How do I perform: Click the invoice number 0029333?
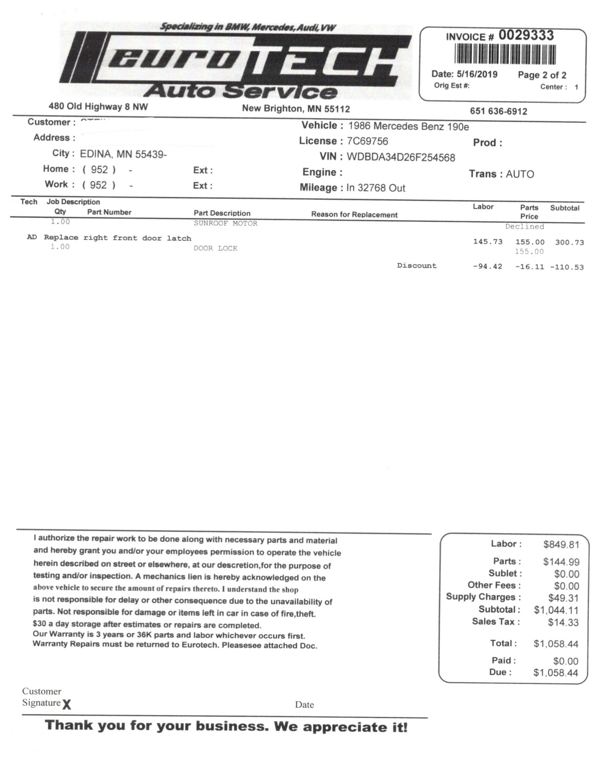pyautogui.click(x=526, y=35)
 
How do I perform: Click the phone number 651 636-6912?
pyautogui.click(x=498, y=111)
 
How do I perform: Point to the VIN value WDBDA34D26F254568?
pyautogui.click(x=400, y=158)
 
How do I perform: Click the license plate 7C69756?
pyautogui.click(x=367, y=141)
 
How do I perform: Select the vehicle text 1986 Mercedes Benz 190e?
pyautogui.click(x=408, y=126)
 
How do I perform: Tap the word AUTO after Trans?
pyautogui.click(x=520, y=174)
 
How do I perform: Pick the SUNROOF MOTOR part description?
pyautogui.click(x=226, y=223)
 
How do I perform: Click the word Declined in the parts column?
pyautogui.click(x=524, y=227)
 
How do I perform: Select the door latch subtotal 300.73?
pyautogui.click(x=569, y=242)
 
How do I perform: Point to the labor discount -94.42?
pyautogui.click(x=487, y=267)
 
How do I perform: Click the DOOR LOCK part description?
pyautogui.click(x=215, y=249)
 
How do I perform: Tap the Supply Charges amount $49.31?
pyautogui.click(x=563, y=598)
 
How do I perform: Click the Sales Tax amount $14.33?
pyautogui.click(x=563, y=622)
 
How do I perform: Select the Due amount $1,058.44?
pyautogui.click(x=556, y=673)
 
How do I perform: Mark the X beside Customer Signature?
pyautogui.click(x=67, y=704)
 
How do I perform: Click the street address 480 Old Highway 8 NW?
pyautogui.click(x=98, y=107)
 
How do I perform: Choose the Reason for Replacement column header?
pyautogui.click(x=354, y=215)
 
